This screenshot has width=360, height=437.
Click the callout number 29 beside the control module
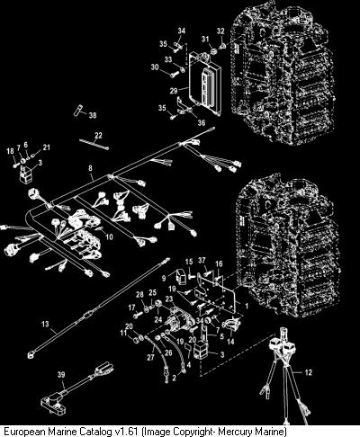pos(174,91)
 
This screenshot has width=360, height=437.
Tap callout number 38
pos(93,115)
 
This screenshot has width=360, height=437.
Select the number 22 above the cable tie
pos(98,136)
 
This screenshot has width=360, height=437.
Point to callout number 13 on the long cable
pos(45,324)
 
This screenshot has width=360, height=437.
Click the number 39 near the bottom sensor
pos(61,375)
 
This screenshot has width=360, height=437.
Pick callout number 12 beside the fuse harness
pos(309,372)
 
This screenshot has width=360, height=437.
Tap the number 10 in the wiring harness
pos(110,236)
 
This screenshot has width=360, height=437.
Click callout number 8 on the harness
pos(90,168)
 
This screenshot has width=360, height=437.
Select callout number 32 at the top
pos(220,31)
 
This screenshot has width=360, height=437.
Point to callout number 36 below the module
pos(202,122)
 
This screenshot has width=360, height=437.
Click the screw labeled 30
pos(173,74)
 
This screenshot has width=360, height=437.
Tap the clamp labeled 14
pos(231,325)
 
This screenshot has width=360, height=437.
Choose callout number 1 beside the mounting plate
pos(247,307)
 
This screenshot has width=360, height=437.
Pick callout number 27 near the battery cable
pos(150,357)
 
